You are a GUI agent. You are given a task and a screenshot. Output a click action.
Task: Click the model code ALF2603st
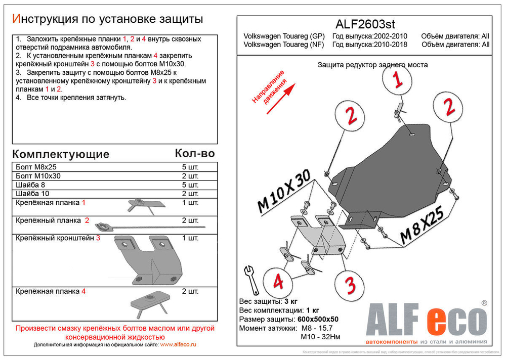point(366,24)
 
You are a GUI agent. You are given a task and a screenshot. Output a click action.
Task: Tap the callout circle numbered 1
point(398,79)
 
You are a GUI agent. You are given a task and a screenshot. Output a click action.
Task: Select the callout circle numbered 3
point(350,285)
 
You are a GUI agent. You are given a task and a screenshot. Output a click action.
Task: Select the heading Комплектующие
point(60,154)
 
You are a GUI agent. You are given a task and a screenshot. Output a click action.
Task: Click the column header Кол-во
point(194,153)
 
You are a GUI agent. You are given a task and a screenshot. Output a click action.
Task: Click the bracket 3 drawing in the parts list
point(148,259)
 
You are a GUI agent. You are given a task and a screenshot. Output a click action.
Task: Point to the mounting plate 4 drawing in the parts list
point(147,305)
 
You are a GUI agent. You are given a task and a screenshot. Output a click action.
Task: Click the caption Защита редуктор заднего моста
point(372,65)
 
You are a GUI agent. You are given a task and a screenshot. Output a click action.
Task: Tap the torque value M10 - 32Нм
point(322,337)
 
